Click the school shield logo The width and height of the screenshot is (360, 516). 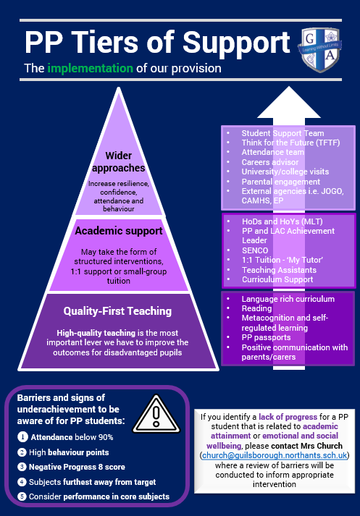(320, 50)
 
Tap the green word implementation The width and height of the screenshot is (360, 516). (91, 69)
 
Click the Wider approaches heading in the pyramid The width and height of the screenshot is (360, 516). (119, 161)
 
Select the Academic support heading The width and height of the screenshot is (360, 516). (119, 231)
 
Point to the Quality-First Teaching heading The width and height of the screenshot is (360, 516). (117, 311)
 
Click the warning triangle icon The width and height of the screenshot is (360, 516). (156, 415)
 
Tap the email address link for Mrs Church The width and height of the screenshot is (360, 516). (275, 455)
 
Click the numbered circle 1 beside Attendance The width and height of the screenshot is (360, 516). (22, 437)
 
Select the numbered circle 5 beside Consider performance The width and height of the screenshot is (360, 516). (22, 496)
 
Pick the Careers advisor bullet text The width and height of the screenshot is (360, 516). (270, 162)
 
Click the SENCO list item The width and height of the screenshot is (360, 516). (255, 250)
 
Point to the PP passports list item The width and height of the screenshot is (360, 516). (266, 337)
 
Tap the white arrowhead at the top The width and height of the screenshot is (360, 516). (289, 102)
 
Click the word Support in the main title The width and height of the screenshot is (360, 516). (236, 43)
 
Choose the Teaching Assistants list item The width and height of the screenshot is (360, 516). (279, 270)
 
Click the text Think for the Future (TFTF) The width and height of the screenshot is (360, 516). (291, 143)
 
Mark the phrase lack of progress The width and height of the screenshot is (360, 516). (288, 417)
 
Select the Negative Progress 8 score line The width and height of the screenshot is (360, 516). (77, 467)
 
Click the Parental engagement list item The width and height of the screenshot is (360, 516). (281, 182)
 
